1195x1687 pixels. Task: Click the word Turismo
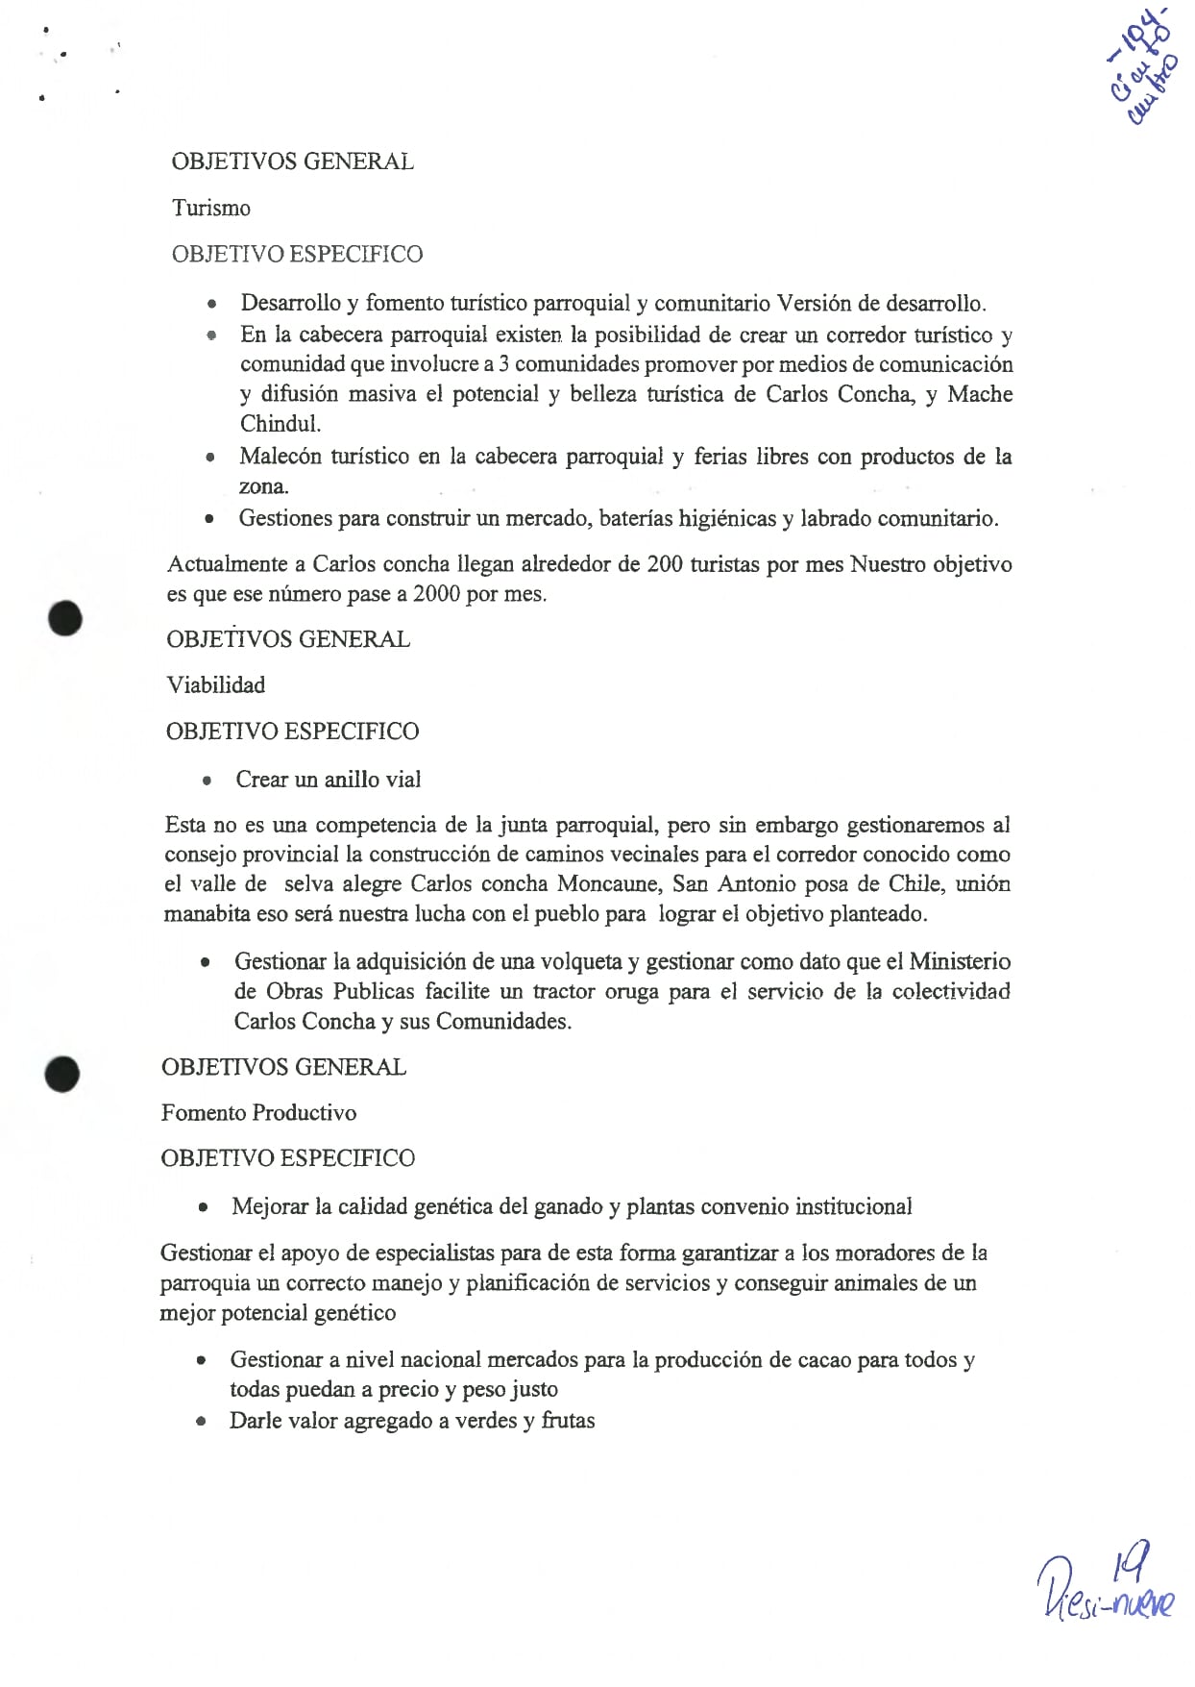point(210,208)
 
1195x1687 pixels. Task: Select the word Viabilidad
point(215,684)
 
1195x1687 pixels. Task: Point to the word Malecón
point(280,456)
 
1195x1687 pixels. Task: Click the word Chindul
point(280,423)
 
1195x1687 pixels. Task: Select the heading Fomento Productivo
point(258,1112)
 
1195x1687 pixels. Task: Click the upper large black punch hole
point(65,618)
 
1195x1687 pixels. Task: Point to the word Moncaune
point(609,883)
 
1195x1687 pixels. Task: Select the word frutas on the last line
point(568,1420)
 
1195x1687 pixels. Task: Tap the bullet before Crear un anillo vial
point(206,781)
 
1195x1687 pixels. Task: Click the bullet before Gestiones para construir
point(209,519)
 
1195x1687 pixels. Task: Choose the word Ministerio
point(959,961)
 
